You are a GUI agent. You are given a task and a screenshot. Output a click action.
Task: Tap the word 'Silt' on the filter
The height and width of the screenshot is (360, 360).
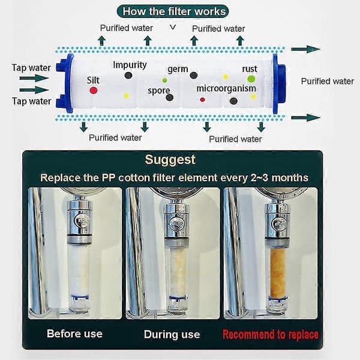pos(93,80)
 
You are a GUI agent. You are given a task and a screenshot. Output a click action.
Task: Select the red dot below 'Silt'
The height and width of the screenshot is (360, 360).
pos(93,90)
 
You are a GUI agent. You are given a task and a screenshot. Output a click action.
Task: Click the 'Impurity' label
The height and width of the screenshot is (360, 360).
pos(130,65)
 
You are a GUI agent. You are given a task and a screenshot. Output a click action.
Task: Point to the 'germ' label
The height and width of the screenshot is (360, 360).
pos(178,69)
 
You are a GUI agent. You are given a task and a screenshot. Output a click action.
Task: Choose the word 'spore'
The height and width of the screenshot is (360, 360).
pos(158,91)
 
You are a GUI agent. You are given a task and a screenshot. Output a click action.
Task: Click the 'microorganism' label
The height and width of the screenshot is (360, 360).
pos(226,88)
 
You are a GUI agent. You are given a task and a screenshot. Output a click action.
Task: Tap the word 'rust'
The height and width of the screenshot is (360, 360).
pos(250,69)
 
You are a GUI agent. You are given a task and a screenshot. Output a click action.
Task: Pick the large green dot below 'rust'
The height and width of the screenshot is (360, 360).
pos(251,79)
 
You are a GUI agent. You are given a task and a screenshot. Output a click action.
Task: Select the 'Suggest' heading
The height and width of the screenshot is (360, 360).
pos(170,160)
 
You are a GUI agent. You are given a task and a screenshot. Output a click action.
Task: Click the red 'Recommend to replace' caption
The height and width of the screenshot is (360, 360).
pos(271,334)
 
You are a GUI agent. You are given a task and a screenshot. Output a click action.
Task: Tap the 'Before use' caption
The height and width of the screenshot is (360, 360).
pos(74,334)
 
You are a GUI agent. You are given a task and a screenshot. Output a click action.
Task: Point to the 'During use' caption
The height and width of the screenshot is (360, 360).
pos(172,335)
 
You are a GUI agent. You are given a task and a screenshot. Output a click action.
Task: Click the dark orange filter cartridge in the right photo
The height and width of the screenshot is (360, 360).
pos(278,273)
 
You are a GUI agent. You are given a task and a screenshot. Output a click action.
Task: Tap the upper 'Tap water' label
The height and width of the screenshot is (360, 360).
pos(31,68)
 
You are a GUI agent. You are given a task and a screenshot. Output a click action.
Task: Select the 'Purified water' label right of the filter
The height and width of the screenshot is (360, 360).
pos(328,81)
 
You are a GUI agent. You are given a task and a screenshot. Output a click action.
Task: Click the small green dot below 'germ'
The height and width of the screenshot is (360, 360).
pos(164,80)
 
